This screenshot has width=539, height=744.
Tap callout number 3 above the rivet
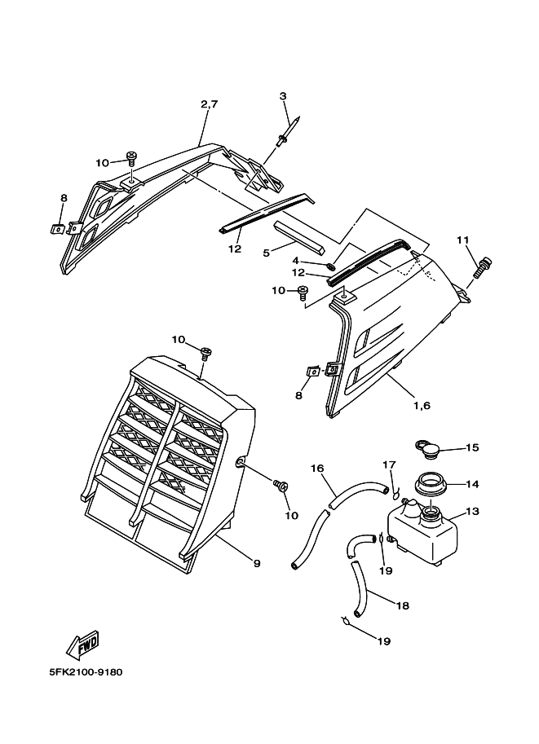pyautogui.click(x=283, y=97)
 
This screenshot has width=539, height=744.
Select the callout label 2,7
pyautogui.click(x=209, y=103)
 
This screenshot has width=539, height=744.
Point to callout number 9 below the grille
pyautogui.click(x=256, y=562)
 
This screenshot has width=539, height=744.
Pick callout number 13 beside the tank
pyautogui.click(x=472, y=512)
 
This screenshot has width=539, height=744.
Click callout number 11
pyautogui.click(x=463, y=240)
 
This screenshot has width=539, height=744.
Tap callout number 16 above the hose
pyautogui.click(x=317, y=469)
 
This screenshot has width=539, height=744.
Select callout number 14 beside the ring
pyautogui.click(x=472, y=484)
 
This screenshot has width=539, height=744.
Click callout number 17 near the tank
pyautogui.click(x=390, y=464)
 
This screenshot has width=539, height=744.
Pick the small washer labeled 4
pyautogui.click(x=329, y=266)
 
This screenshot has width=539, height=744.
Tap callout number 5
pyautogui.click(x=266, y=252)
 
